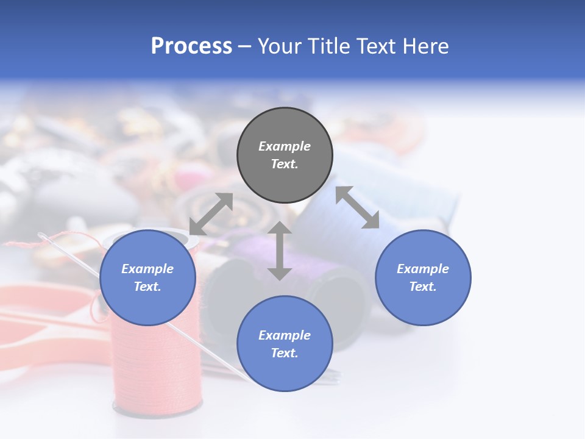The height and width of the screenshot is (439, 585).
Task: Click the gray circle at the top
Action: point(285,155)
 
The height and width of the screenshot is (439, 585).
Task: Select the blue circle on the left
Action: point(147,278)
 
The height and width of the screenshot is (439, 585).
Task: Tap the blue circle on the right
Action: point(423,278)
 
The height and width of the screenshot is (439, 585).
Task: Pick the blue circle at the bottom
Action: point(285,344)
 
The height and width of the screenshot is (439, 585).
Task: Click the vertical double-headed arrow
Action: point(280,251)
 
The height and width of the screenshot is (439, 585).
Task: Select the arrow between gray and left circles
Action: point(211,213)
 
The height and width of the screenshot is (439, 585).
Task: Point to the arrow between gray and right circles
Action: point(358,207)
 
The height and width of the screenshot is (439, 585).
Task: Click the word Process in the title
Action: point(191,46)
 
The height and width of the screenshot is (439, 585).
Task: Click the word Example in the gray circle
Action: point(285,146)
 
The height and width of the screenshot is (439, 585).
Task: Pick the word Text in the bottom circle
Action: point(285,353)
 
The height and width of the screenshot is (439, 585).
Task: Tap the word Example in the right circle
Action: point(423,269)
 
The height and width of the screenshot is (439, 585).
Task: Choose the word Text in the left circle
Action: point(147,287)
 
